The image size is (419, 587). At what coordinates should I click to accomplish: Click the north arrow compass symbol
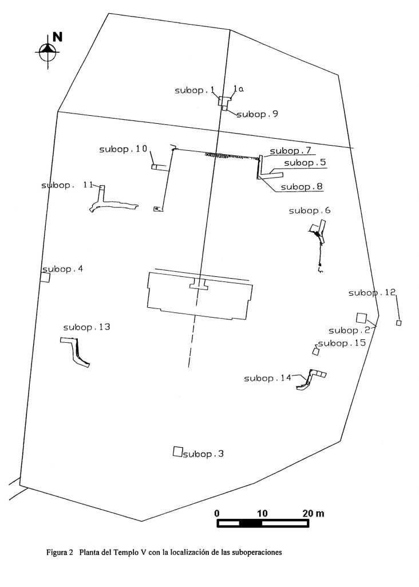pyautogui.click(x=48, y=51)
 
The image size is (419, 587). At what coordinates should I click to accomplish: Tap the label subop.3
pyautogui.click(x=203, y=454)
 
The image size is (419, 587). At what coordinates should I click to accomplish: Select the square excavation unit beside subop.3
pyautogui.click(x=178, y=452)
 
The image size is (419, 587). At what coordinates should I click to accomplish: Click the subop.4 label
pyautogui.click(x=63, y=269)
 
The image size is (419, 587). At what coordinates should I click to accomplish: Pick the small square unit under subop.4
pyautogui.click(x=45, y=277)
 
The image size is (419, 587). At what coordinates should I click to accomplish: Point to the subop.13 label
pyautogui.click(x=86, y=327)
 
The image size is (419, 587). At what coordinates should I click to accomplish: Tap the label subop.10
pyautogui.click(x=123, y=149)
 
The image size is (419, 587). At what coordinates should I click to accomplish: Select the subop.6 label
pyautogui.click(x=310, y=211)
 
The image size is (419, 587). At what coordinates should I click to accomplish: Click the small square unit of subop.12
pyautogui.click(x=399, y=323)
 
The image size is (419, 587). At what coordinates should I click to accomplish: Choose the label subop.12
pyautogui.click(x=372, y=293)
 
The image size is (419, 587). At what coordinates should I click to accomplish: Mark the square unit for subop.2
pyautogui.click(x=361, y=318)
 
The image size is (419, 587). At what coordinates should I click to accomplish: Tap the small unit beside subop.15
pyautogui.click(x=316, y=351)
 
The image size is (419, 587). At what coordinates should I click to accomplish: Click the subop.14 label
pyautogui.click(x=268, y=378)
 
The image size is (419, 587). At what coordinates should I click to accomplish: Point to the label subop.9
pyautogui.click(x=258, y=114)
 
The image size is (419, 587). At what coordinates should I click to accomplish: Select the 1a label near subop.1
pyautogui.click(x=238, y=89)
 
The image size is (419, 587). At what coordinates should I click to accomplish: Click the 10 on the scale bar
pyautogui.click(x=262, y=513)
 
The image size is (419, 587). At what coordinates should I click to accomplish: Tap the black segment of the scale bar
pyautogui.click(x=251, y=523)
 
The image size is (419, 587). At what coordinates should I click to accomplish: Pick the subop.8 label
pyautogui.click(x=302, y=187)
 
